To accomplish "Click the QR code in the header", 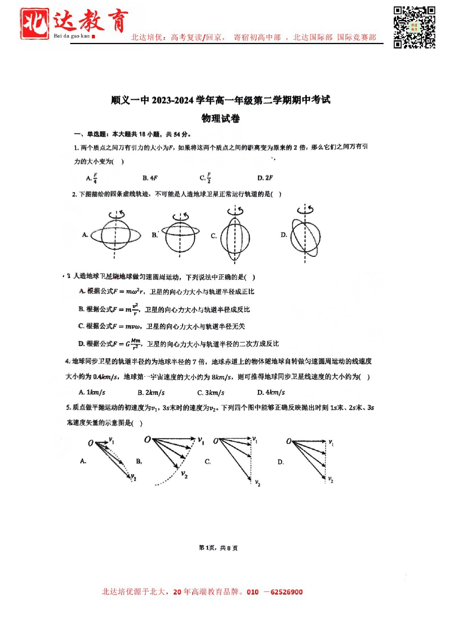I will (x=414, y=27).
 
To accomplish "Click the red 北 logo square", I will (x=35, y=24).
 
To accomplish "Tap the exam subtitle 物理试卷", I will (x=221, y=118).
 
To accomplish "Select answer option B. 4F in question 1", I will (x=150, y=178).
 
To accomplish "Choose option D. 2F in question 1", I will (x=265, y=178).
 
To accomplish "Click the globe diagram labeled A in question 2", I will (x=115, y=235).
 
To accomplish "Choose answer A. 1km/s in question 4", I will (x=92, y=393).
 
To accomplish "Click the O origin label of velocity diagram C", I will (x=216, y=441).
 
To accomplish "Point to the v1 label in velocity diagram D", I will (x=331, y=442).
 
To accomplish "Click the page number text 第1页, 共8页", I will (x=218, y=548).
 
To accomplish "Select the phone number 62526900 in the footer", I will (x=287, y=592).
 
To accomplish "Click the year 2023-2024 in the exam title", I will (x=173, y=100).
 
